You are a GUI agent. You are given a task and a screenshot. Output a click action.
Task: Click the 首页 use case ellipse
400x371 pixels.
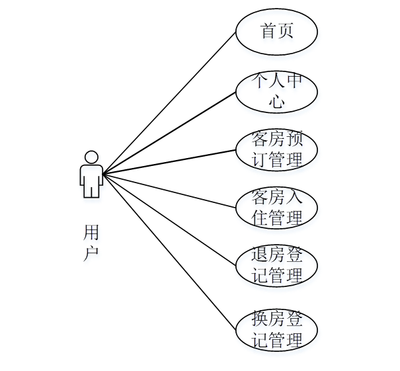276,31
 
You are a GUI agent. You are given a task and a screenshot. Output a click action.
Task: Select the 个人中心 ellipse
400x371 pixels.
276,92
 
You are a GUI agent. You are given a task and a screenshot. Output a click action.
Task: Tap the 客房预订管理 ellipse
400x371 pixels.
276,150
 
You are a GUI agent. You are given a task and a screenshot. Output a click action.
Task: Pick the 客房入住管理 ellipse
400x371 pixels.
276,208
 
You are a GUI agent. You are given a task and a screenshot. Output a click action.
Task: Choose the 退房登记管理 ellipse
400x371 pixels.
276,265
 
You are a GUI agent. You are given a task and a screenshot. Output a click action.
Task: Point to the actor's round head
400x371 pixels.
91,157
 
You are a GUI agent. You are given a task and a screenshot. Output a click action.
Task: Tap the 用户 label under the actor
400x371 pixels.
91,243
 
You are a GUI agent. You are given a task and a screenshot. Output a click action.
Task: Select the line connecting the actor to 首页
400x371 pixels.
169,103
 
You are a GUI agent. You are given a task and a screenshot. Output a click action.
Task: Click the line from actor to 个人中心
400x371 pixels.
169,132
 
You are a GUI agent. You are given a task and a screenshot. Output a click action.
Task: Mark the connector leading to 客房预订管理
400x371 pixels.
169,162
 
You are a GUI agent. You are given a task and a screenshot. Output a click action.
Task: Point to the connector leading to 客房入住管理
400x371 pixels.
169,190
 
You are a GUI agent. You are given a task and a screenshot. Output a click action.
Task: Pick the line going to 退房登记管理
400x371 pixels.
169,220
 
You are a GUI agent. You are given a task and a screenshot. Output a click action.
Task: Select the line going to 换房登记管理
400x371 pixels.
169,252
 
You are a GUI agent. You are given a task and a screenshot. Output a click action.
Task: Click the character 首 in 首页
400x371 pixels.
268,31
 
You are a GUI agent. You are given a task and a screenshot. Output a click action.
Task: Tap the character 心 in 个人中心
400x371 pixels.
277,102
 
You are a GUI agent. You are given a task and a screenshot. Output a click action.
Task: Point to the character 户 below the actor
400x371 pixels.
91,253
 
